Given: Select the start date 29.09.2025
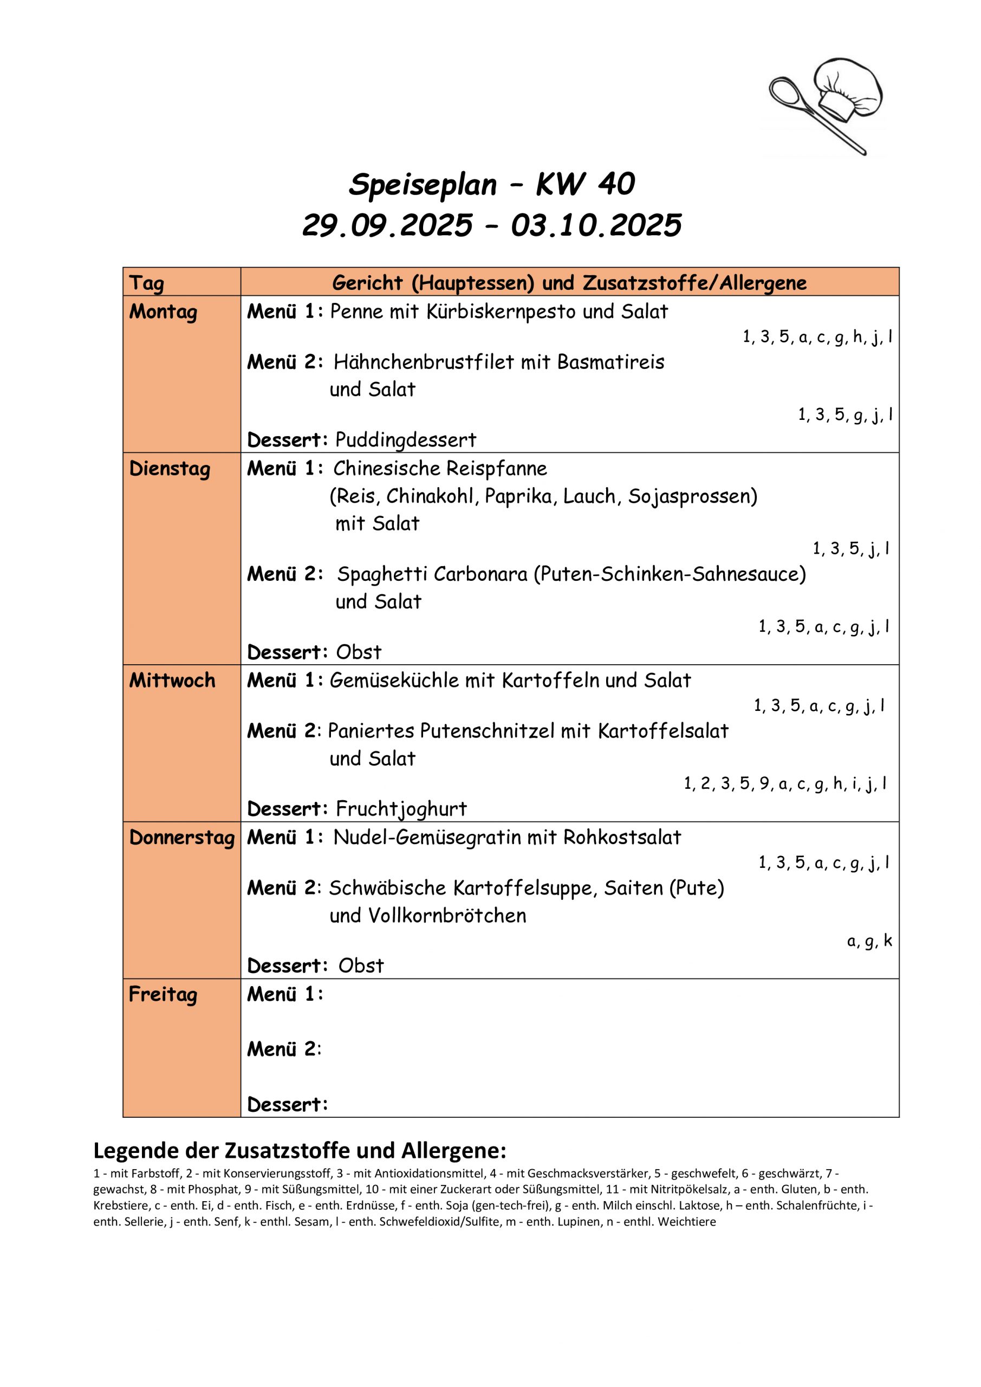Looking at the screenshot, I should (x=387, y=226).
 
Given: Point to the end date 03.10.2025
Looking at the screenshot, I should (x=596, y=226).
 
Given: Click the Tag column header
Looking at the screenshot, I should (x=146, y=283).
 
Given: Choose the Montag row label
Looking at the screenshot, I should (x=163, y=312).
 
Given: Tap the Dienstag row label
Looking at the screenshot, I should (x=170, y=469).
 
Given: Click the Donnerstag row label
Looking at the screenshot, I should (x=182, y=838).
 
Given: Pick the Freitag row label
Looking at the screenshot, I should (x=163, y=995).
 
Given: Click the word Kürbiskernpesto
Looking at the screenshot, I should (x=501, y=312).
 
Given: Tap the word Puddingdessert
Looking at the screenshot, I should (x=405, y=440).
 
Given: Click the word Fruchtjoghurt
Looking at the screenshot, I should (x=401, y=809).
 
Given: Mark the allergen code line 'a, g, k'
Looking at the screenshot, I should (x=869, y=941).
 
